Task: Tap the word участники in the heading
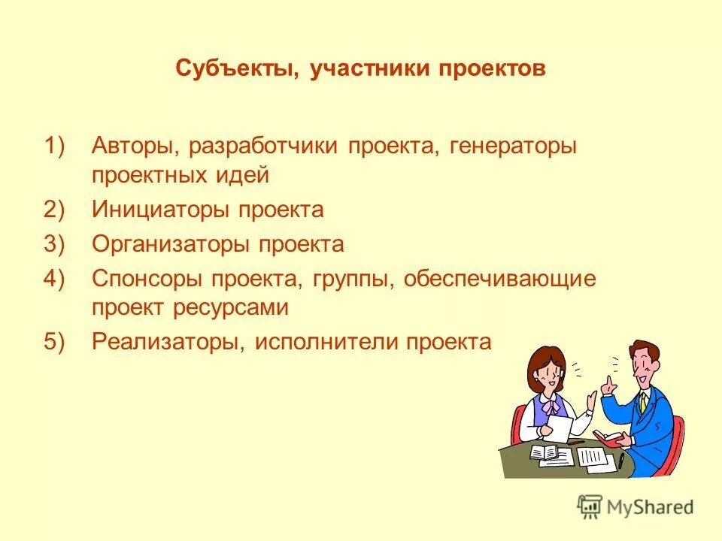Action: [364, 69]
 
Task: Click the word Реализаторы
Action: [166, 343]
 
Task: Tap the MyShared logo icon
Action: [590, 507]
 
